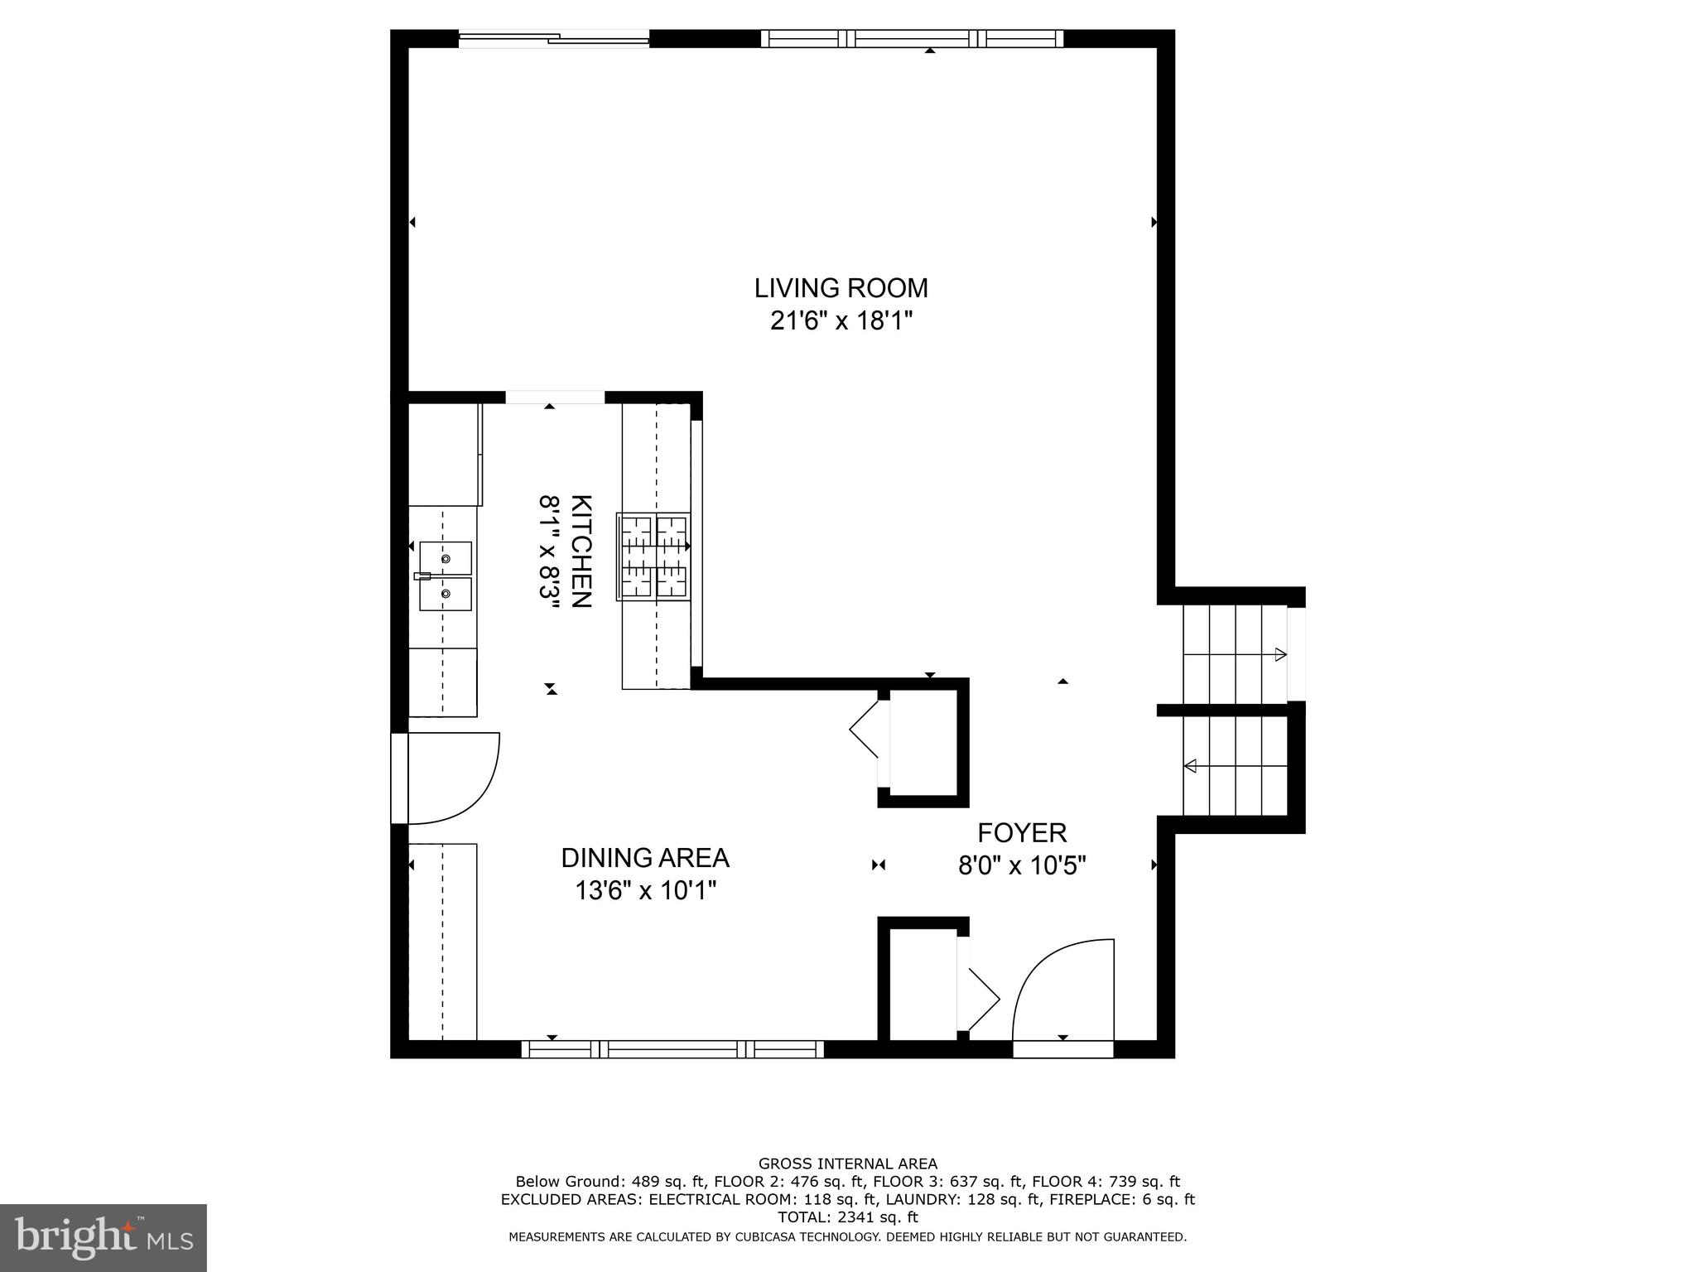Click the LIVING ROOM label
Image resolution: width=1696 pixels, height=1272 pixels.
tap(841, 288)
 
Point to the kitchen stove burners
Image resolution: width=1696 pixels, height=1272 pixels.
tap(653, 556)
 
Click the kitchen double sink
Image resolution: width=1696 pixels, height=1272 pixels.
tap(446, 576)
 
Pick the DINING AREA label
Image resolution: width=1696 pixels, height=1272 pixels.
tap(645, 858)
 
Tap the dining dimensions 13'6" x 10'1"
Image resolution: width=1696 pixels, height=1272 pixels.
tap(645, 891)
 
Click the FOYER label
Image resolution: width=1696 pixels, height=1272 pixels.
tap(1022, 833)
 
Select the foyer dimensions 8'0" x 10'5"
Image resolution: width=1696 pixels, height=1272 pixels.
tap(1022, 866)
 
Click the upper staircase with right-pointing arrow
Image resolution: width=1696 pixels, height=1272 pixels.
tap(1234, 654)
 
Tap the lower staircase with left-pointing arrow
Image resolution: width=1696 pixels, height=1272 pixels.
tap(1234, 766)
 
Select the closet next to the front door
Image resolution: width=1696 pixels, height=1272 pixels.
tap(923, 984)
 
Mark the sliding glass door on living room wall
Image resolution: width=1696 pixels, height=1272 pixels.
tap(554, 38)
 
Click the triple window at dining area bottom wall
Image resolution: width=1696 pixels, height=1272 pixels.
tap(672, 1049)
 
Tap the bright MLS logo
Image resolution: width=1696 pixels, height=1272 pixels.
tap(103, 1237)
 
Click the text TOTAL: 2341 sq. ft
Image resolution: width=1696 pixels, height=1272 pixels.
tap(847, 1217)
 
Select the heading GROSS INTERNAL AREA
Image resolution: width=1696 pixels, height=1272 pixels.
tap(847, 1164)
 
